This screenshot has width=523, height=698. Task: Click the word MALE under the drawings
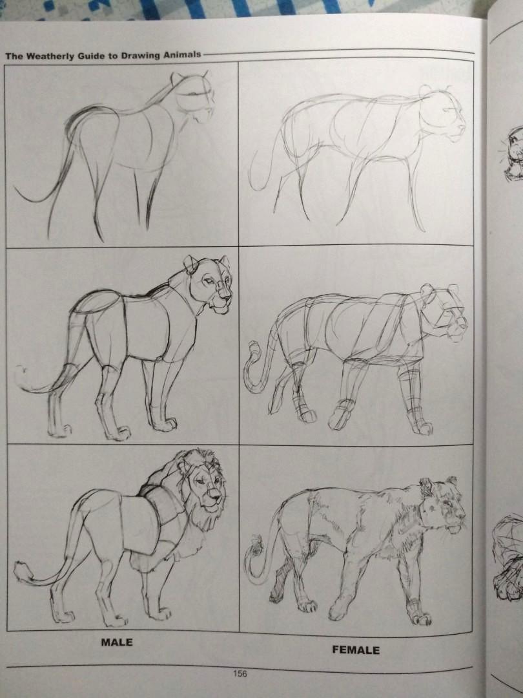click(x=116, y=642)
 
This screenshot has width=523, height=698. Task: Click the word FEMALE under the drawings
click(x=356, y=650)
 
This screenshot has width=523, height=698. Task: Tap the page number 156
click(x=240, y=673)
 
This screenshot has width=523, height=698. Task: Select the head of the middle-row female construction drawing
click(x=446, y=313)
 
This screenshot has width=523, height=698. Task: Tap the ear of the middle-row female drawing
click(x=427, y=291)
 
